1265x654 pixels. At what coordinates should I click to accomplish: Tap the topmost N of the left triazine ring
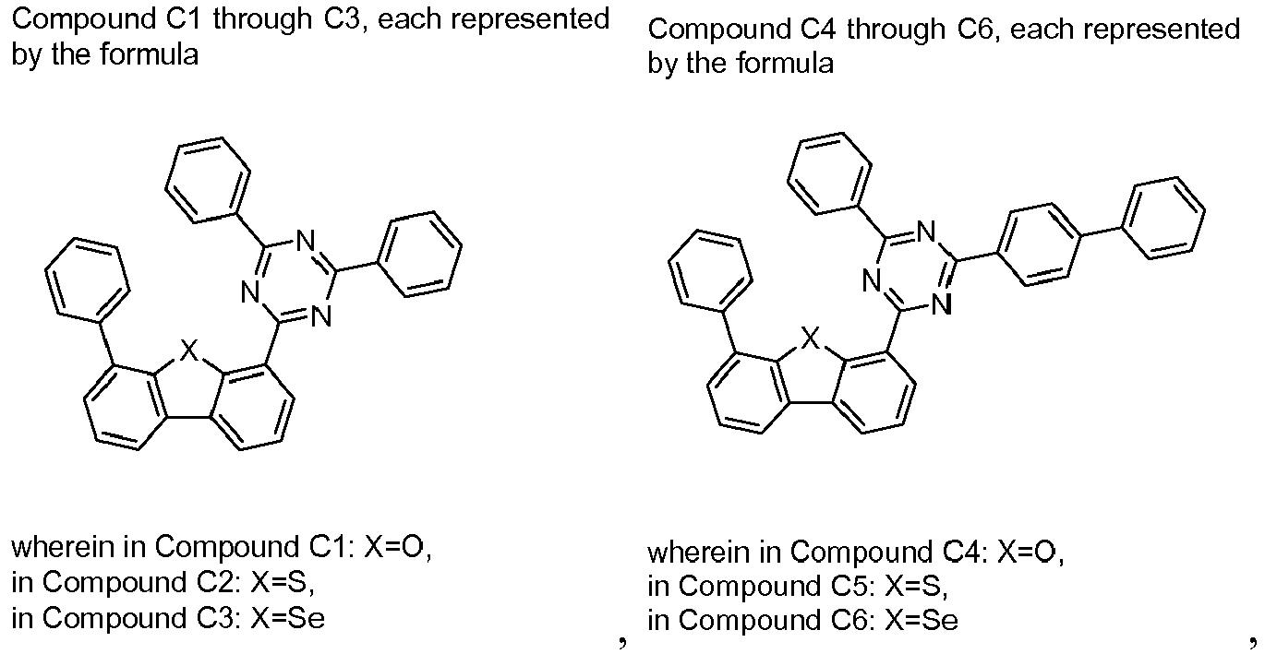(306, 241)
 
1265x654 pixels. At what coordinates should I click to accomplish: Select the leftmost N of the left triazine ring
(249, 292)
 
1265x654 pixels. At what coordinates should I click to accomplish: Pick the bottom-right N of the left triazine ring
(321, 316)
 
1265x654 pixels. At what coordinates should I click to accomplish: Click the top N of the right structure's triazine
(925, 232)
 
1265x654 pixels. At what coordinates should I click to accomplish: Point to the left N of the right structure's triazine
(872, 280)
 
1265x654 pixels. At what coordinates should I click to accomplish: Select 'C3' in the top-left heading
(343, 18)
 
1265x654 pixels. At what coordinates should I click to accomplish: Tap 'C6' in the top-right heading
(978, 29)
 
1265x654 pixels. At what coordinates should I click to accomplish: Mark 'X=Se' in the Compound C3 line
(288, 617)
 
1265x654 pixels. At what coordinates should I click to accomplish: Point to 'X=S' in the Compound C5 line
(916, 586)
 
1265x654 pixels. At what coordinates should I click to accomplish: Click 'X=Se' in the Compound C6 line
(922, 620)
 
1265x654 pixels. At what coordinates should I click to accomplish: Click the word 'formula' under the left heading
(150, 54)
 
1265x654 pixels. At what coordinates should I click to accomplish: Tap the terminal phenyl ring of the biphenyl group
(1163, 219)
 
